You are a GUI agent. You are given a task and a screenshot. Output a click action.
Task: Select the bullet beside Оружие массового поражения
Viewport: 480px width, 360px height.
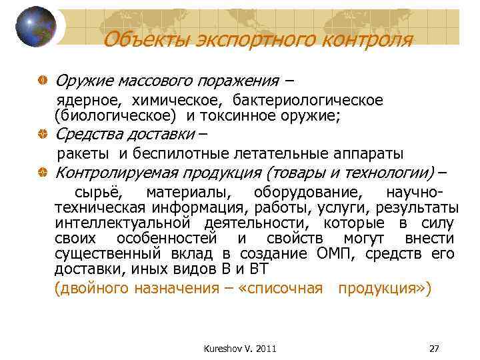[x=43, y=81]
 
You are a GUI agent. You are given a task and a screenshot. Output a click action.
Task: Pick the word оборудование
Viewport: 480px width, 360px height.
[x=309, y=193]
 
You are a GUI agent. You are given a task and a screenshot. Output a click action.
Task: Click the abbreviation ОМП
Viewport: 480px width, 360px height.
[x=327, y=254]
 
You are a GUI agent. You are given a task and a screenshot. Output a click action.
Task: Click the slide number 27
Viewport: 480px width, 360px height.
[x=433, y=348]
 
